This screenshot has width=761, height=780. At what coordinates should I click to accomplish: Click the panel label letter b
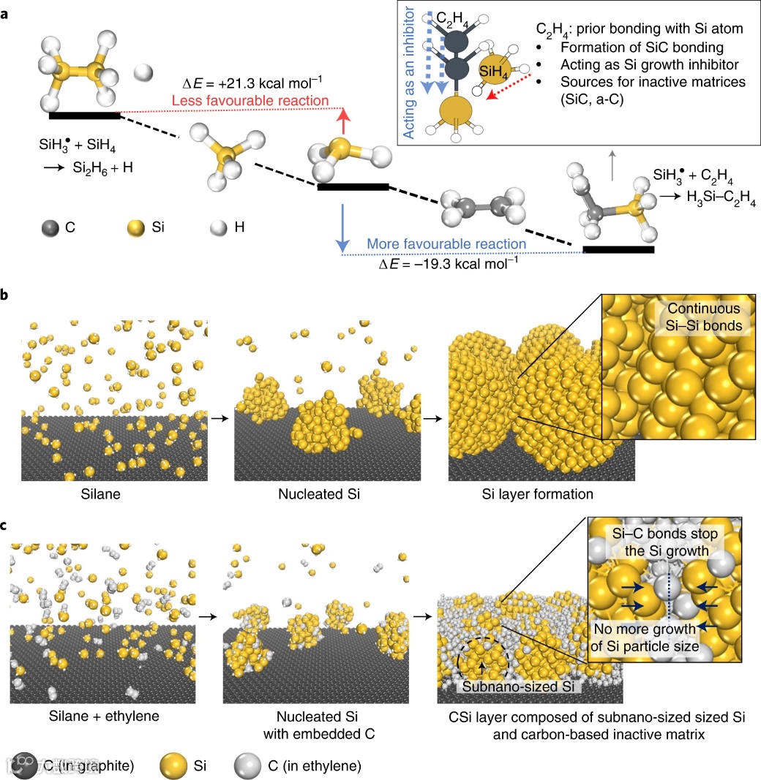(x=6, y=295)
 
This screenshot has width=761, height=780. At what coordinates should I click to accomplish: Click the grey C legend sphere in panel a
(x=51, y=227)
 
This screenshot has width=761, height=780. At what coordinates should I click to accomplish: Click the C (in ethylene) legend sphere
(x=247, y=765)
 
